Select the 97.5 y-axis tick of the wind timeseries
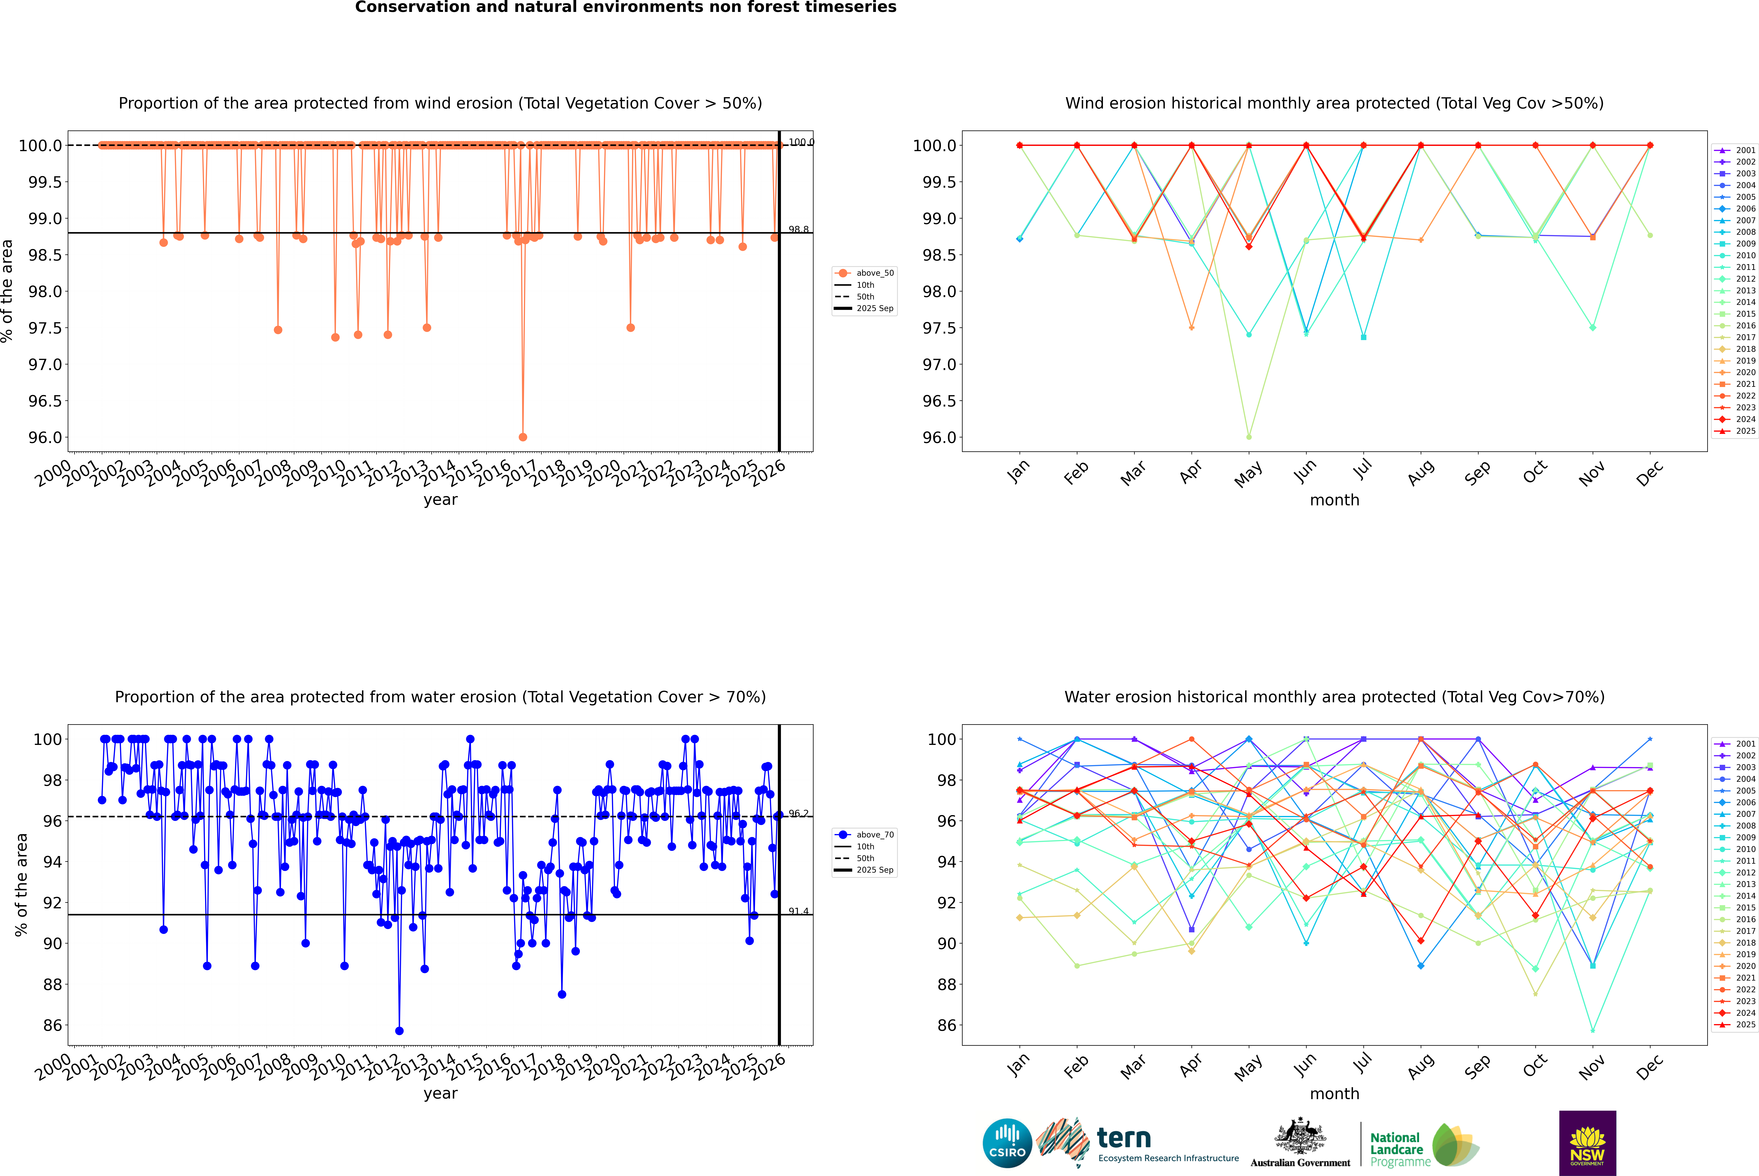click(x=45, y=328)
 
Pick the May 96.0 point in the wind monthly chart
click(x=1248, y=436)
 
